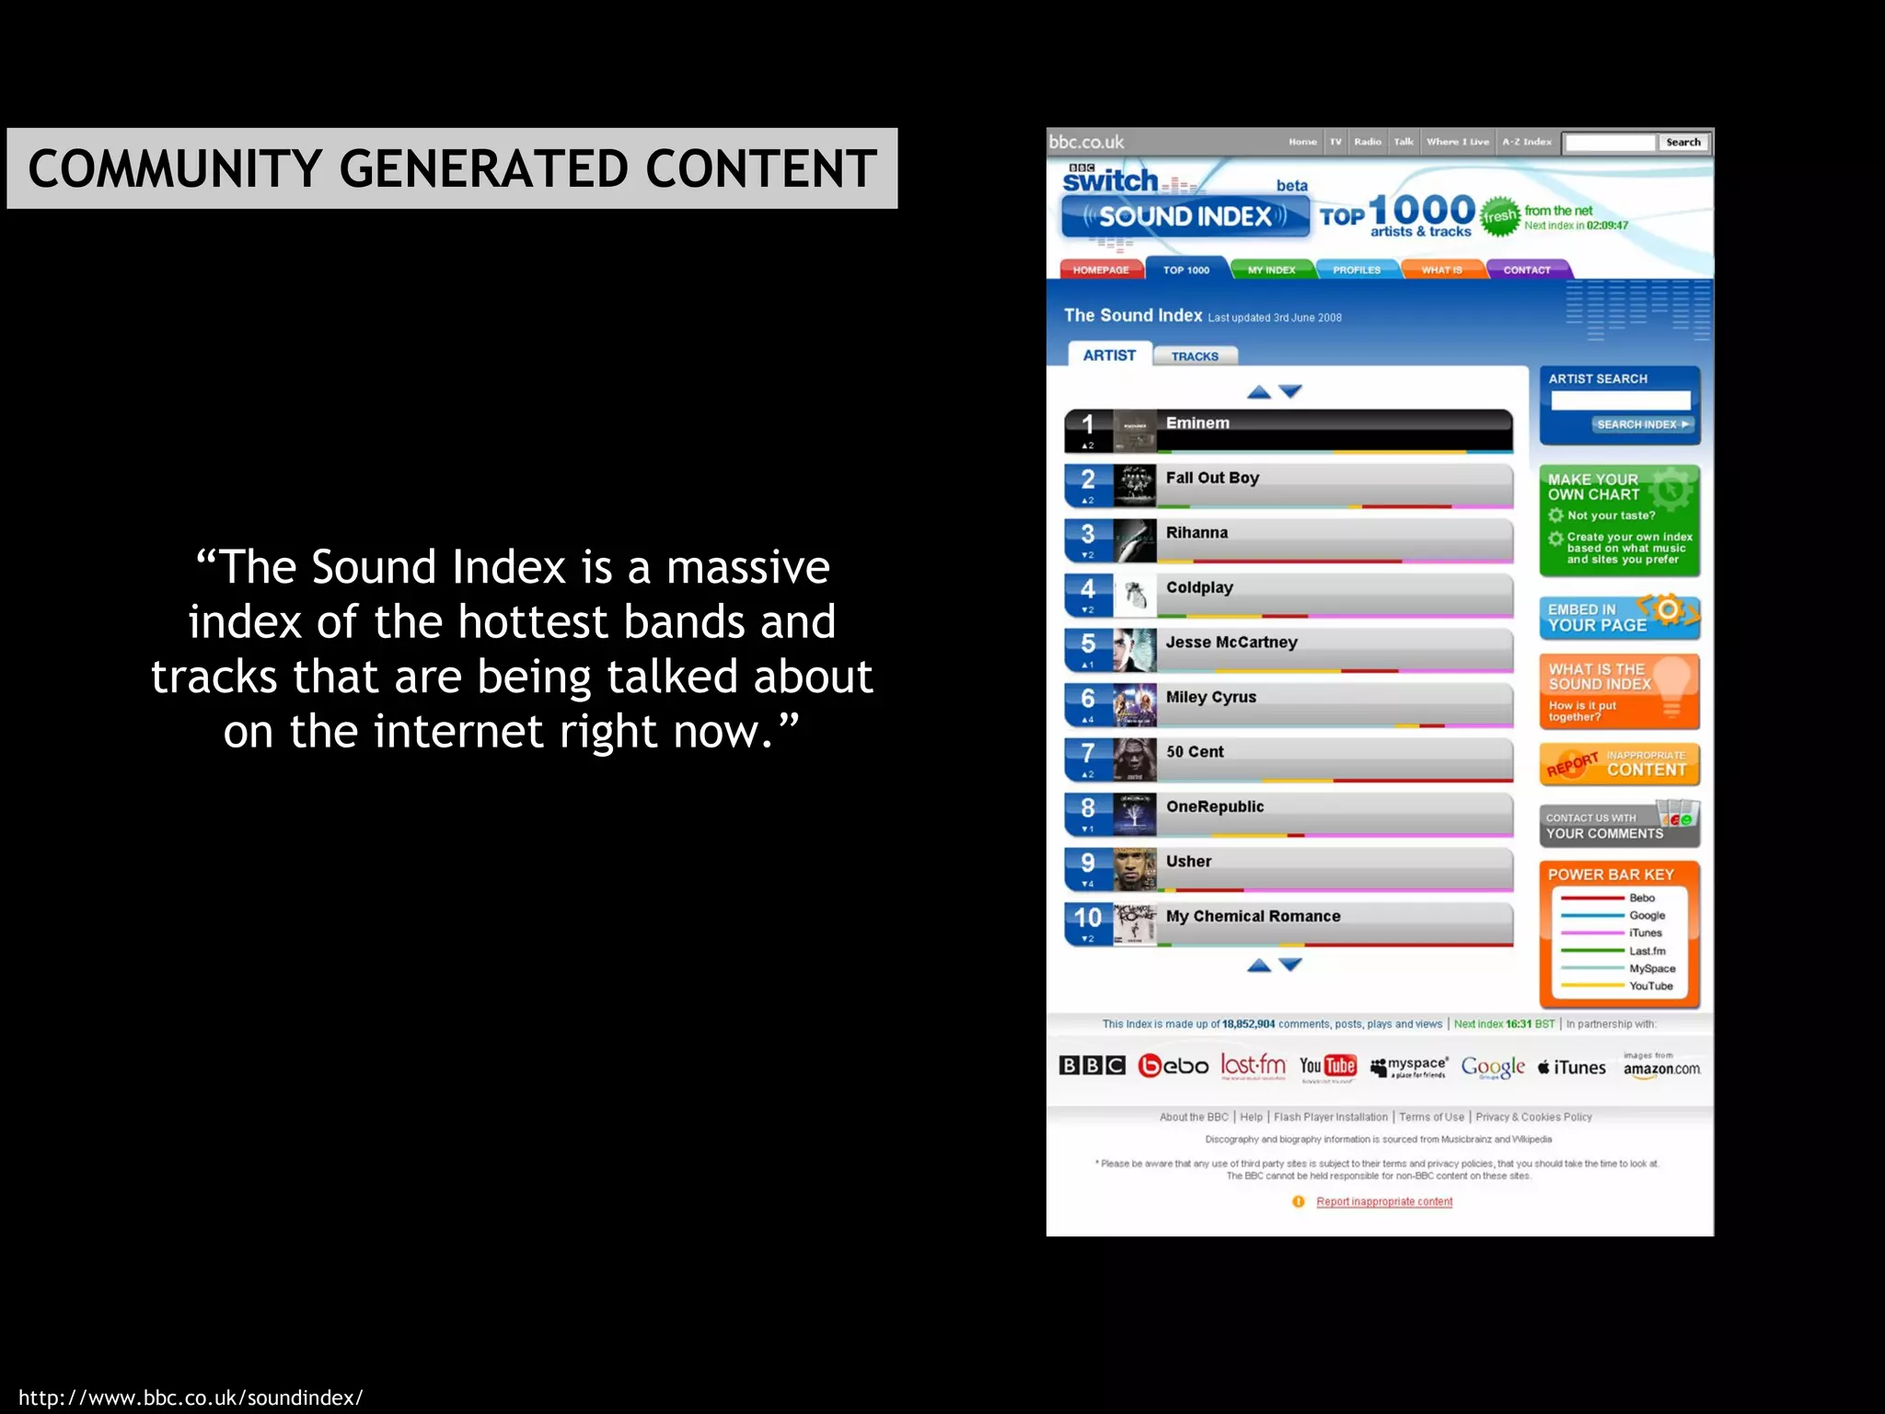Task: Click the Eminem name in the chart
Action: pyautogui.click(x=1197, y=423)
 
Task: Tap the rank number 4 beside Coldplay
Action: pyautogui.click(x=1088, y=589)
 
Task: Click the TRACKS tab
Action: pyautogui.click(x=1195, y=356)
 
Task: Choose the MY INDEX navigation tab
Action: pyautogui.click(x=1271, y=270)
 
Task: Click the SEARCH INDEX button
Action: pyautogui.click(x=1643, y=424)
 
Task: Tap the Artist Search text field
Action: pyautogui.click(x=1620, y=400)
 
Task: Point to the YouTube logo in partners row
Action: pyautogui.click(x=1327, y=1066)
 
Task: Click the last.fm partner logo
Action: pyautogui.click(x=1253, y=1066)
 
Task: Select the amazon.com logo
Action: pyautogui.click(x=1661, y=1068)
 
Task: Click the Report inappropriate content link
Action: pyautogui.click(x=1384, y=1201)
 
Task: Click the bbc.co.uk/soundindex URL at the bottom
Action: pyautogui.click(x=191, y=1397)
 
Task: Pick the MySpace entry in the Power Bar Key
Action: pyautogui.click(x=1651, y=968)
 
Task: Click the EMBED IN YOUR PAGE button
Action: pyautogui.click(x=1619, y=618)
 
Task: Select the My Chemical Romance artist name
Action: pyautogui.click(x=1253, y=917)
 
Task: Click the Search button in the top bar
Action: pyautogui.click(x=1683, y=143)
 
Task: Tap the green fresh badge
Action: pyautogui.click(x=1499, y=216)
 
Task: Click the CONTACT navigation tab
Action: pyautogui.click(x=1526, y=270)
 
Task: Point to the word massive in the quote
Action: pyautogui.click(x=747, y=567)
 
